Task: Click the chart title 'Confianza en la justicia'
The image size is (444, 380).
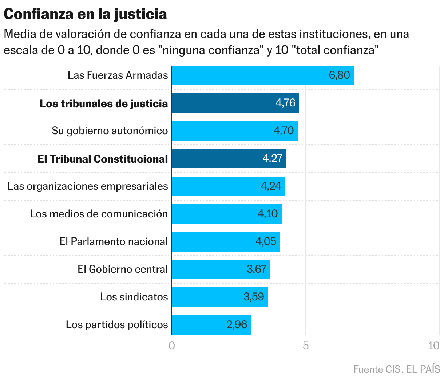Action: [85, 14]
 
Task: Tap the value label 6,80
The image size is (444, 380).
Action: [339, 75]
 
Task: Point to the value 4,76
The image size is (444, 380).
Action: [285, 103]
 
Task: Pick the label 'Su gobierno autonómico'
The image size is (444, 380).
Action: [110, 131]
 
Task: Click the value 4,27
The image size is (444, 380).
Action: [273, 159]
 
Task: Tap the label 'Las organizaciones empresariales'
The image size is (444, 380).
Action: [88, 186]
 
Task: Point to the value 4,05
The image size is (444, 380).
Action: [266, 241]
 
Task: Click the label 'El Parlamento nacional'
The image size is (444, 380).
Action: [114, 241]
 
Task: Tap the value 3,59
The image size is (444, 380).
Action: [254, 297]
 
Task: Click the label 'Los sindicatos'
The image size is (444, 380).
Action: [134, 297]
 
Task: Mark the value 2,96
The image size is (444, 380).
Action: [237, 325]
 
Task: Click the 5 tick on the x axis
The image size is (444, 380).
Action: [306, 346]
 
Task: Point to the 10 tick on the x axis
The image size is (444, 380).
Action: [433, 346]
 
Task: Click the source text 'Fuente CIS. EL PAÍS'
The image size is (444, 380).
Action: [397, 369]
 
